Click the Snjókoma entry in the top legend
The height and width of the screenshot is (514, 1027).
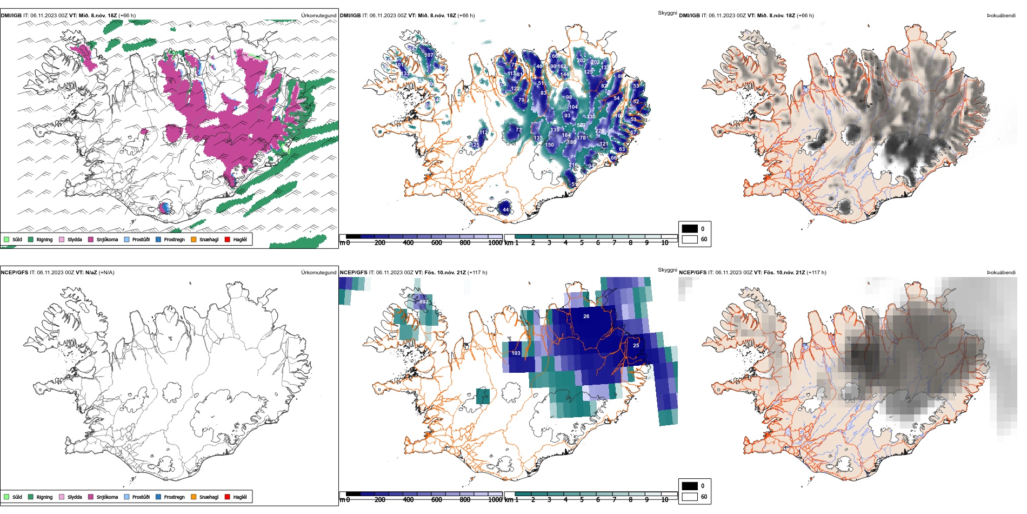click(107, 240)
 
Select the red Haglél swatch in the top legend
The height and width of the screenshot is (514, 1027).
click(228, 240)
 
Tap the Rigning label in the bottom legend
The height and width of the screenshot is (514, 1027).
click(44, 497)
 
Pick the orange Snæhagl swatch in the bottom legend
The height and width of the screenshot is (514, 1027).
click(194, 497)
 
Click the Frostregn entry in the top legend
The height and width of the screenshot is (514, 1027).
click(174, 240)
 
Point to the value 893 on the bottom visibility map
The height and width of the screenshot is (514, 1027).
click(424, 302)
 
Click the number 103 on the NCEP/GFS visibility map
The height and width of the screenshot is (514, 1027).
click(516, 353)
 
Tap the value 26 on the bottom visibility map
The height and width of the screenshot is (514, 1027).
click(586, 317)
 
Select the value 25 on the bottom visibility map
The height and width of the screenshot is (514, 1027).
click(636, 346)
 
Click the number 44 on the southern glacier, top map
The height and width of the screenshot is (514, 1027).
click(505, 210)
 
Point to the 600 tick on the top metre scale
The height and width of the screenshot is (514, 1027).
click(436, 243)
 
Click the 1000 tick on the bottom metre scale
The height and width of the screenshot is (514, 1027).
click(495, 500)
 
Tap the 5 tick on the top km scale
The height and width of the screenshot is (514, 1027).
click(582, 243)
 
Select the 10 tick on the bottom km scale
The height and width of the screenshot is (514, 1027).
click(665, 500)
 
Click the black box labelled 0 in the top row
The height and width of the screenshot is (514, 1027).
click(690, 229)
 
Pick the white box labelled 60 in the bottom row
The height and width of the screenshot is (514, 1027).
click(690, 497)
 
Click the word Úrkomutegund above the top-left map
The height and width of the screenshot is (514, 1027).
click(318, 16)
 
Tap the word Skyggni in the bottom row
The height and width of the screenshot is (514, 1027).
click(667, 270)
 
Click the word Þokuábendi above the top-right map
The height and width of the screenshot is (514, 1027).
click(1001, 16)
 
